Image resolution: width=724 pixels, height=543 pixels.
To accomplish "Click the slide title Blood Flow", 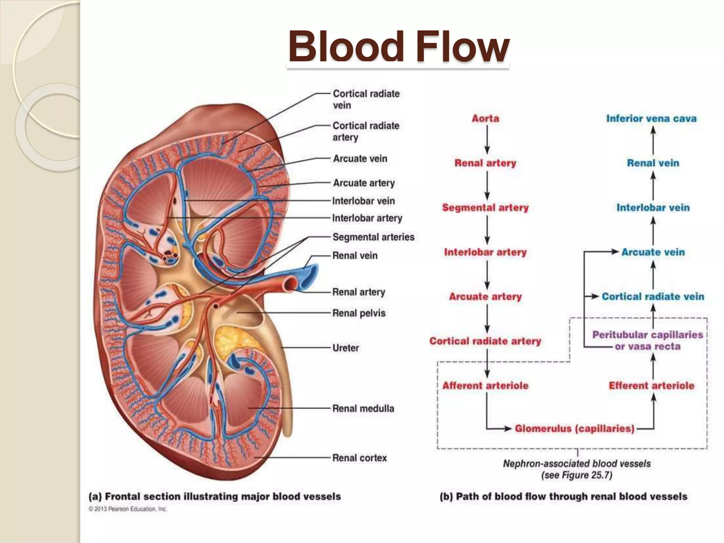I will [x=398, y=47].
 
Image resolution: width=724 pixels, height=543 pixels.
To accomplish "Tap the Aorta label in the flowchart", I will [x=485, y=118].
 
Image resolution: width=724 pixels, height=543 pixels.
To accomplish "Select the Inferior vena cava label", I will [x=651, y=118].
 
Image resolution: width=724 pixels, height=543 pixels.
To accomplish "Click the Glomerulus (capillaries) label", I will [x=574, y=429].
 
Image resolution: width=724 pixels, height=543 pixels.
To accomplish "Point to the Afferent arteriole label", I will [x=485, y=386].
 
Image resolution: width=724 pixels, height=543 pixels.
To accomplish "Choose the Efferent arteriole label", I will [x=651, y=386].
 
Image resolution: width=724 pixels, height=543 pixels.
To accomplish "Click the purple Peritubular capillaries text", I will [x=648, y=335].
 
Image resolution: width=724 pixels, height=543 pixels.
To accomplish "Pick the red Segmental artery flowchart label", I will [x=485, y=208].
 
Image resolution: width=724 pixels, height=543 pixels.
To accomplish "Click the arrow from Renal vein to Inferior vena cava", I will [x=653, y=140].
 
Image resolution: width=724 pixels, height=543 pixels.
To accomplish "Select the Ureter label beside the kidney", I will [x=345, y=348].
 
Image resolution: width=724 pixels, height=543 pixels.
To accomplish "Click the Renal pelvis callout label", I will [x=359, y=313].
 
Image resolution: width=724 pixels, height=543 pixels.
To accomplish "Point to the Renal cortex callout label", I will [x=360, y=458].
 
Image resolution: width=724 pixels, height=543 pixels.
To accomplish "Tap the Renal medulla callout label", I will [x=363, y=409].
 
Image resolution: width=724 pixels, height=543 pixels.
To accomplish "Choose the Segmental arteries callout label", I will [x=373, y=237].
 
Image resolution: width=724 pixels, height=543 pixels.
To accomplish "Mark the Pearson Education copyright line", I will [x=128, y=509].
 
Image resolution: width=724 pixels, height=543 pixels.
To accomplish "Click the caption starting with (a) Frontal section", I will [x=215, y=497].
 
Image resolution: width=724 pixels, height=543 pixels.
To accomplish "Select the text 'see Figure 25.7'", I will [x=577, y=475].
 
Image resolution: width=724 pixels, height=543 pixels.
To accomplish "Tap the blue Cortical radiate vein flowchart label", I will [x=653, y=297].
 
